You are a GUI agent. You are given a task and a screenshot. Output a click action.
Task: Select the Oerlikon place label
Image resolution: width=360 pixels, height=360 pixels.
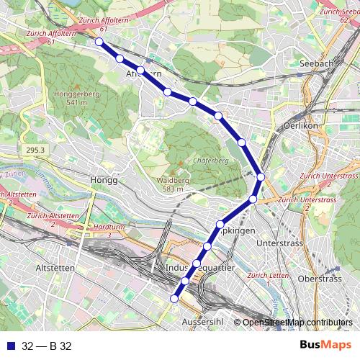pyautogui.click(x=301, y=125)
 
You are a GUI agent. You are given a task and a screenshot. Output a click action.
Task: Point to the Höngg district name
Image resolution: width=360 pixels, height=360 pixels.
pyautogui.click(x=104, y=180)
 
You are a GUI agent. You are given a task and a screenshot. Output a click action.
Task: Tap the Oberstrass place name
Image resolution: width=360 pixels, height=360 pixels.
pyautogui.click(x=319, y=279)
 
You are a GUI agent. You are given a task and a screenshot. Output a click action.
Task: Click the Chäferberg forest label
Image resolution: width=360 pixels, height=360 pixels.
pyautogui.click(x=210, y=161)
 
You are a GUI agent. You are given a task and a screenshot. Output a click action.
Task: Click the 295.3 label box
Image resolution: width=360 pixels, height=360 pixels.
pyautogui.click(x=34, y=150)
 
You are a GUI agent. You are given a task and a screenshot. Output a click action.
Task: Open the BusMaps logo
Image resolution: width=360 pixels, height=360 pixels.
pyautogui.click(x=325, y=345)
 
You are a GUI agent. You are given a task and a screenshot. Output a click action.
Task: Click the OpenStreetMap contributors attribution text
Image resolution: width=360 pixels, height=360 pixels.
pyautogui.click(x=297, y=323)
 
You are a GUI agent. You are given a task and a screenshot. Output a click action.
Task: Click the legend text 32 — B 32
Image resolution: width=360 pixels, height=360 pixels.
pyautogui.click(x=47, y=346)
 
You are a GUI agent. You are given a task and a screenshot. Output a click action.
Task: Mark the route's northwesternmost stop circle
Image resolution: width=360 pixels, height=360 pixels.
pyautogui.click(x=99, y=42)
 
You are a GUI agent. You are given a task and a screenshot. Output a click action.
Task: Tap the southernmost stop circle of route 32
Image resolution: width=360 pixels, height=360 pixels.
pyautogui.click(x=174, y=298)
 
